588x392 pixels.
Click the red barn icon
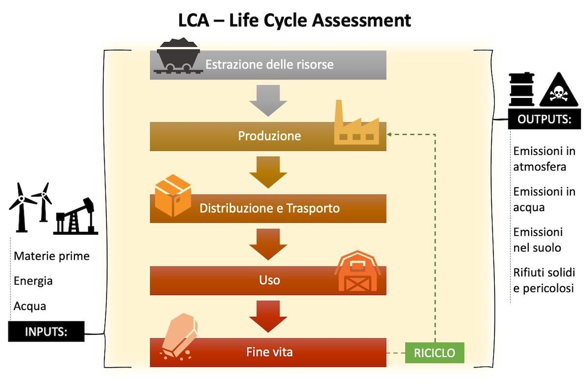pyautogui.click(x=356, y=271)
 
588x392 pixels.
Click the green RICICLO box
pyautogui.click(x=434, y=352)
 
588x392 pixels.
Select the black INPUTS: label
pyautogui.click(x=46, y=332)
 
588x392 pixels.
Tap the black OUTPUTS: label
pyautogui.click(x=544, y=120)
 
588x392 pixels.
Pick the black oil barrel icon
pyautogui.click(x=521, y=90)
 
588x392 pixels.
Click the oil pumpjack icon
pyautogui.click(x=76, y=216)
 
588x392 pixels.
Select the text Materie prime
pyautogui.click(x=52, y=256)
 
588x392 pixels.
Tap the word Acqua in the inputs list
pyautogui.click(x=30, y=306)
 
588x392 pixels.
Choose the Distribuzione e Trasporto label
pyautogui.click(x=269, y=208)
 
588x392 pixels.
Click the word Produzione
pyautogui.click(x=269, y=136)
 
